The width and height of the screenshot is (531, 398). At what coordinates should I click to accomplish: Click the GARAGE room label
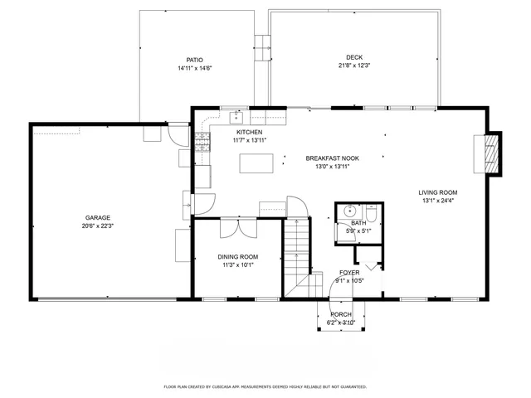pyautogui.click(x=98, y=217)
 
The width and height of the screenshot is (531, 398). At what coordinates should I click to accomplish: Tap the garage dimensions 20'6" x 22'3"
pyautogui.click(x=98, y=226)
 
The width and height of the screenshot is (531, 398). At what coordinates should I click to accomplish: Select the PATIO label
pyautogui.click(x=195, y=60)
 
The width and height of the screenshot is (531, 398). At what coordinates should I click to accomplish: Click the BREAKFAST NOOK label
pyautogui.click(x=332, y=158)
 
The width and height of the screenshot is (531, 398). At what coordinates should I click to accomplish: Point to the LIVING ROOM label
pyautogui.click(x=437, y=192)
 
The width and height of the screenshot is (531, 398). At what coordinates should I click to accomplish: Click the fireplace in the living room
pyautogui.click(x=493, y=153)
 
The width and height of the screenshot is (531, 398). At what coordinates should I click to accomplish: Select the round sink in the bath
pyautogui.click(x=349, y=211)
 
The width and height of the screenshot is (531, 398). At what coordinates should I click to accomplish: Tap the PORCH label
pyautogui.click(x=341, y=315)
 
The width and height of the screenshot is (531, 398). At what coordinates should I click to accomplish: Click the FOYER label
pyautogui.click(x=349, y=272)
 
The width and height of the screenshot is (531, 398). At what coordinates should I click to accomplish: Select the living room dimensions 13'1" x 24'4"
pyautogui.click(x=437, y=201)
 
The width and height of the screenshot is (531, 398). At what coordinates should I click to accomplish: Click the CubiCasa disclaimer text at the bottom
pyautogui.click(x=265, y=386)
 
